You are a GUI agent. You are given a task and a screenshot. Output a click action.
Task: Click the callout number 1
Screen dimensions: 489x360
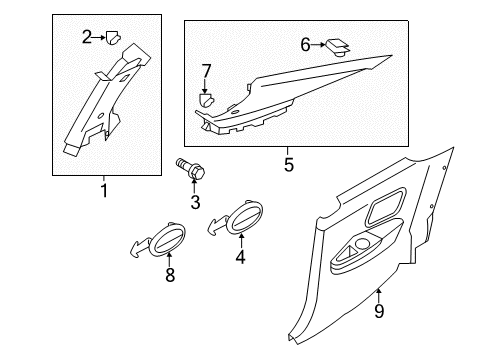tap(104, 191)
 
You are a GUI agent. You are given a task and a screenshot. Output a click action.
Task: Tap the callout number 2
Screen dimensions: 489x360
tap(87, 37)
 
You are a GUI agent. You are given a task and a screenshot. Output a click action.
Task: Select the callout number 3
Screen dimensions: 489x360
tap(195, 202)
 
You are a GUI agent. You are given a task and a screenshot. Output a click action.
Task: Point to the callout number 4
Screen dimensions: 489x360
tap(240, 257)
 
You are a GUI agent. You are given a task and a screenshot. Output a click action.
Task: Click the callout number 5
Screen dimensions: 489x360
tap(289, 164)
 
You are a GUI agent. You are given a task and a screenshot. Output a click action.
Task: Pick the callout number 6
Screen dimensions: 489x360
tap(305, 45)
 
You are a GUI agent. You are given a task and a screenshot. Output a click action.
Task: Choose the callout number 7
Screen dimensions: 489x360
tap(207, 71)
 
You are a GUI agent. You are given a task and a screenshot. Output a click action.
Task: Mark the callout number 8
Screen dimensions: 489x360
tap(170, 275)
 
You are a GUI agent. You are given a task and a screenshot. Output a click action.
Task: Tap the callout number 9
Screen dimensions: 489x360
tap(379, 311)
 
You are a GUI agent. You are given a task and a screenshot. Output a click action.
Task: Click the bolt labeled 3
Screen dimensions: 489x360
tap(190, 168)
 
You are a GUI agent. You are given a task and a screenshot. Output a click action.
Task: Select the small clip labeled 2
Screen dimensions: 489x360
tap(113, 37)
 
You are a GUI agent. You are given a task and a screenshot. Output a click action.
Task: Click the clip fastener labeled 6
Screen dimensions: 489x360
tap(338, 48)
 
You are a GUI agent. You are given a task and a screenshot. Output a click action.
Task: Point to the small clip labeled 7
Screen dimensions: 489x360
tap(206, 100)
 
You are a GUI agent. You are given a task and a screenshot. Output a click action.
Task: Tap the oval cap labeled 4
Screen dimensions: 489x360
tap(244, 217)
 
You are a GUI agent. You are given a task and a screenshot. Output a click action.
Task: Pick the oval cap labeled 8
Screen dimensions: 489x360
tap(166, 240)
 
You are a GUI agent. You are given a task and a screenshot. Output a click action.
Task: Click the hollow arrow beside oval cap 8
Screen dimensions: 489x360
tap(139, 247)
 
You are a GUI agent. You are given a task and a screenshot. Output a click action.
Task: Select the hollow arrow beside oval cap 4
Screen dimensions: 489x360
tap(218, 225)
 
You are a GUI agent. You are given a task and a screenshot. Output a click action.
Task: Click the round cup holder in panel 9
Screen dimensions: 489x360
tap(363, 244)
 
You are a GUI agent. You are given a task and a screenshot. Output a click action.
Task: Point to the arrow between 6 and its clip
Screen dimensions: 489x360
tap(318, 44)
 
